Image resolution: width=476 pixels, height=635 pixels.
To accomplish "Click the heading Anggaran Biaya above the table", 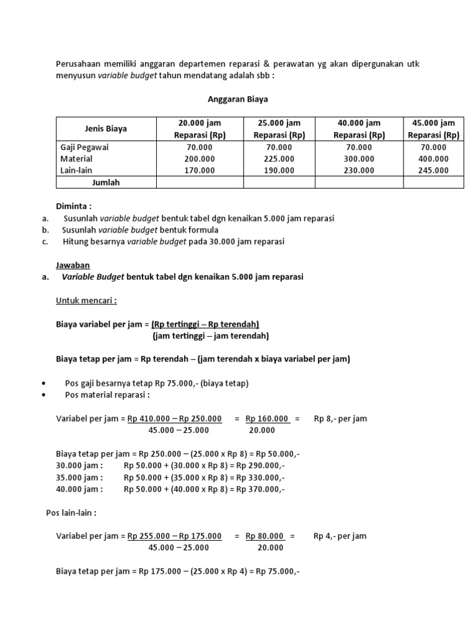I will click(237, 99).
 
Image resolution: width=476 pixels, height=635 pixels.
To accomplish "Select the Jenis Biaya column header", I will click(106, 129).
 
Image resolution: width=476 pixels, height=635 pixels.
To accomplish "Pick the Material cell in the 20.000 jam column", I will click(200, 159).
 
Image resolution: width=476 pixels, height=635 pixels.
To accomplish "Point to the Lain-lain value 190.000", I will click(279, 170).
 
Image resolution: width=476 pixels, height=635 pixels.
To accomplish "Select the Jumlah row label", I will click(105, 182).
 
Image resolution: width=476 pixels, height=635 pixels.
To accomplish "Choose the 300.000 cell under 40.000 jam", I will click(359, 159).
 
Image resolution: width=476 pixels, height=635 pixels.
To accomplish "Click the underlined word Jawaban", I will click(73, 265).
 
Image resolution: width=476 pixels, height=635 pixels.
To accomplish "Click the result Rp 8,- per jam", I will click(340, 419).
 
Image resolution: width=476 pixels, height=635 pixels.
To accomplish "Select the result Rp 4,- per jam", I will click(340, 536).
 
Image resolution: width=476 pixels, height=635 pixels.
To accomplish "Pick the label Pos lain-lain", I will click(71, 513).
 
